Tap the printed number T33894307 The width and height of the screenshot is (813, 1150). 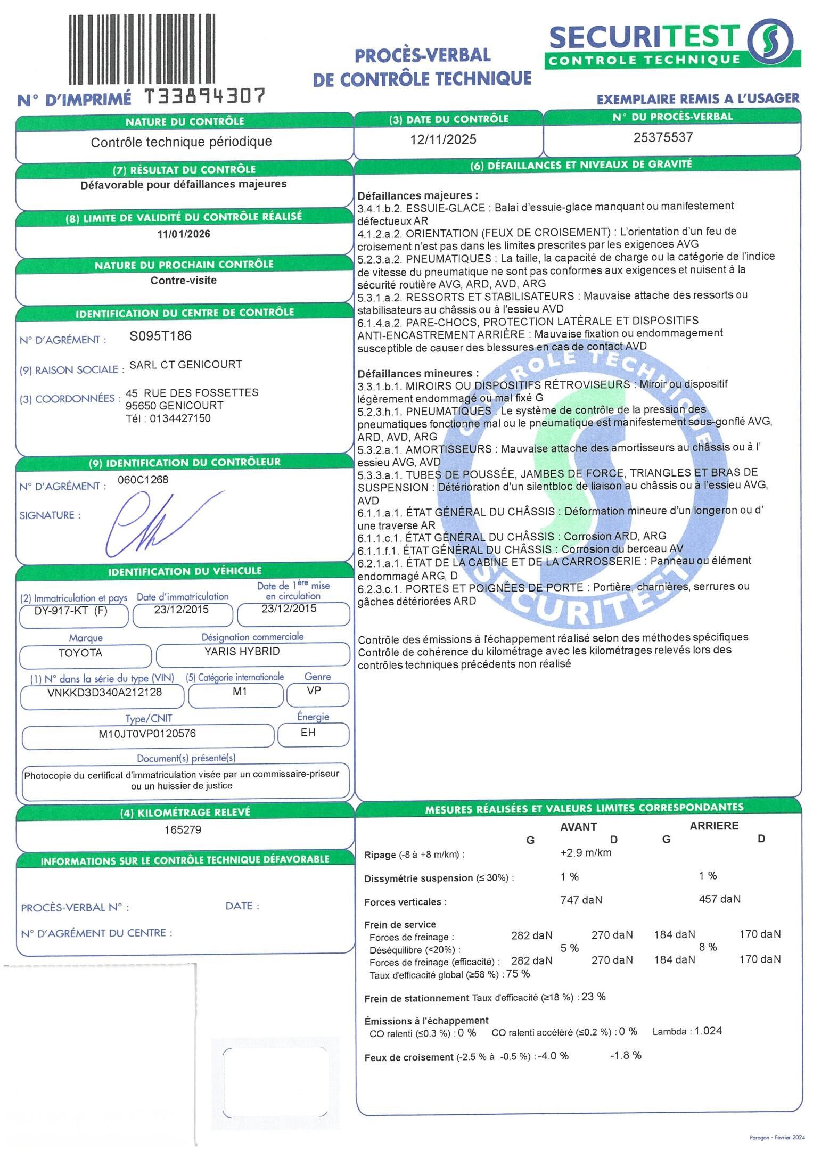pyautogui.click(x=205, y=96)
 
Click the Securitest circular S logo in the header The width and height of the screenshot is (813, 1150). pyautogui.click(x=770, y=42)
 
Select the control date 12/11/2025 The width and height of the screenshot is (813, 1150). pyautogui.click(x=443, y=139)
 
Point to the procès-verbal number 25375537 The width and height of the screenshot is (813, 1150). pyautogui.click(x=663, y=137)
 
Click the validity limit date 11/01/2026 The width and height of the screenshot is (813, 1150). pyautogui.click(x=184, y=234)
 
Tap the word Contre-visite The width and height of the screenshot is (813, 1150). pyautogui.click(x=184, y=281)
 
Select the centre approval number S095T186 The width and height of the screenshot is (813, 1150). pyautogui.click(x=161, y=336)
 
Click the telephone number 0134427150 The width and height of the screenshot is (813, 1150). pyautogui.click(x=180, y=418)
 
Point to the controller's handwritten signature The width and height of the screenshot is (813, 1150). pyautogui.click(x=160, y=524)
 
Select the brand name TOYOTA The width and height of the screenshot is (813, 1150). pyautogui.click(x=80, y=653)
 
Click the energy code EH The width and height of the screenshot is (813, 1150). pyautogui.click(x=308, y=733)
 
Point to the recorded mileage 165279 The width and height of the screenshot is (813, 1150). pyautogui.click(x=183, y=829)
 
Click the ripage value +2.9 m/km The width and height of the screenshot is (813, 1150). pyautogui.click(x=586, y=852)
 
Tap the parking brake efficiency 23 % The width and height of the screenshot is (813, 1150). pyautogui.click(x=594, y=997)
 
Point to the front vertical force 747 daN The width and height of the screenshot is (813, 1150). pyautogui.click(x=581, y=900)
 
